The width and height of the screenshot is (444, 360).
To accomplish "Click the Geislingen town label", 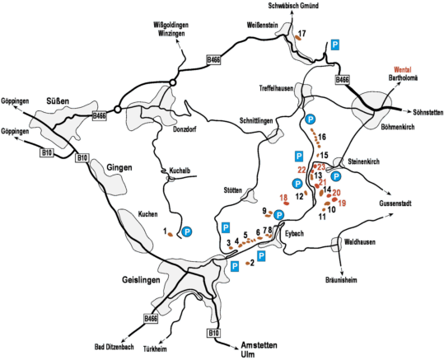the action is click(x=141, y=280).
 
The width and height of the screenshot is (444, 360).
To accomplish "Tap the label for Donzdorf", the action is click(x=185, y=129).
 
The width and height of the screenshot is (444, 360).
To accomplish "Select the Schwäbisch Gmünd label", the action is click(x=293, y=6).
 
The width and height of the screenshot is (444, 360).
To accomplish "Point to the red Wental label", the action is click(x=402, y=69).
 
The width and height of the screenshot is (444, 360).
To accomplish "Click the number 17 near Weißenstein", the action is click(x=301, y=34).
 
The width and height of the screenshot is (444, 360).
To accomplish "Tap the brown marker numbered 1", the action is click(x=171, y=235).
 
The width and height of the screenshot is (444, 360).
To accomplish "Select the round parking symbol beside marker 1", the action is click(x=187, y=231).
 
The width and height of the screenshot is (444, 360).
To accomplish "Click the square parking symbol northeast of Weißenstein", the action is click(x=335, y=44).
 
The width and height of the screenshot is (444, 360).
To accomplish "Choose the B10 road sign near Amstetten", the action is click(x=213, y=333).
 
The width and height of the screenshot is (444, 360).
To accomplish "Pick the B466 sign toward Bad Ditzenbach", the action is click(x=151, y=318).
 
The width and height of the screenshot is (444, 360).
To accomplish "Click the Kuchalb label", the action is click(x=180, y=171).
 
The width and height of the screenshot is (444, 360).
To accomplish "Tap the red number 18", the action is click(x=283, y=198).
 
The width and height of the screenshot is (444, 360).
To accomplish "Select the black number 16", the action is click(x=322, y=137).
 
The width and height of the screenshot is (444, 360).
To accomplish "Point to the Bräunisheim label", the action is click(x=341, y=280).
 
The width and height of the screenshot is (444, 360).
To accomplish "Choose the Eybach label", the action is click(x=294, y=233).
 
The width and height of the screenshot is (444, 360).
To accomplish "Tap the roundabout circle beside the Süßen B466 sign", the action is click(x=118, y=109).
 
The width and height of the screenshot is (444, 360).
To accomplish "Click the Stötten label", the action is click(x=234, y=189).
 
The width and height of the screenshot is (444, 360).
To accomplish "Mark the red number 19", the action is click(x=342, y=203).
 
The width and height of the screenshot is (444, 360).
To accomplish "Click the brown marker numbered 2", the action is click(x=247, y=264).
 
